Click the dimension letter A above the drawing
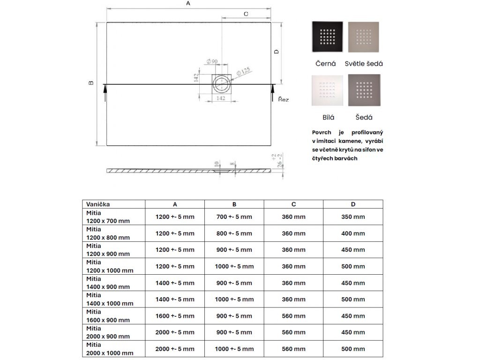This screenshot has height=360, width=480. [188, 3]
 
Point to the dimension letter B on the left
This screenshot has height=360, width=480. [91, 83]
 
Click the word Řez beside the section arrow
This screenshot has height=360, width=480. [283, 99]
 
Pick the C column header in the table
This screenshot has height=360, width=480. [293, 204]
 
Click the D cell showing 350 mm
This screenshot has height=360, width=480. [352, 217]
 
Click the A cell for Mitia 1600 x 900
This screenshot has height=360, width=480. [175, 316]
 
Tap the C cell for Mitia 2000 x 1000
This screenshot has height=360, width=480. [293, 349]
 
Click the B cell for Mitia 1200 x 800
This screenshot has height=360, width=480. [234, 233]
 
